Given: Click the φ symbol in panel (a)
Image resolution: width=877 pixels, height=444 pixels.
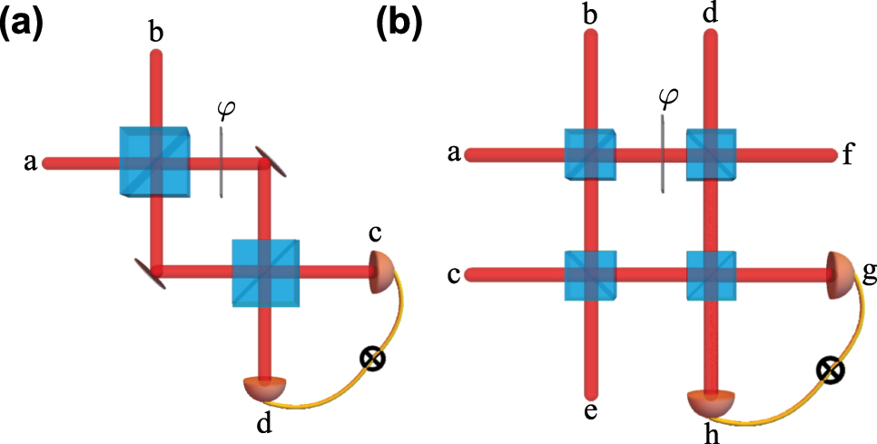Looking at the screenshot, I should point(225,110).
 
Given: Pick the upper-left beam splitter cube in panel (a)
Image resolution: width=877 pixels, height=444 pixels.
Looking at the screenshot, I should point(154,163).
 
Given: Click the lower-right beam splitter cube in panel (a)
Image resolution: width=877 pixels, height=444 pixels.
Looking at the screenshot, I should point(265,270).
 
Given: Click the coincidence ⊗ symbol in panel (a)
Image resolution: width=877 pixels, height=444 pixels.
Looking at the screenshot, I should point(370,360).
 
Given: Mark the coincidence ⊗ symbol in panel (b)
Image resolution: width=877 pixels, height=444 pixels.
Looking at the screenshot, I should point(830,370).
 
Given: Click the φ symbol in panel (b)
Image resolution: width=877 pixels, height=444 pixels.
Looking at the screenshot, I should point(668,96).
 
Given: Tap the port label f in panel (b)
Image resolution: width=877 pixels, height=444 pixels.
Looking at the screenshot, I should point(847,154).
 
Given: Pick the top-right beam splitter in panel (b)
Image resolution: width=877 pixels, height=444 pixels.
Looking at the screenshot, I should point(712,155).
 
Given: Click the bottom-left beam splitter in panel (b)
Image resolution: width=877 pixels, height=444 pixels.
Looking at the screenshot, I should point(590,271).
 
